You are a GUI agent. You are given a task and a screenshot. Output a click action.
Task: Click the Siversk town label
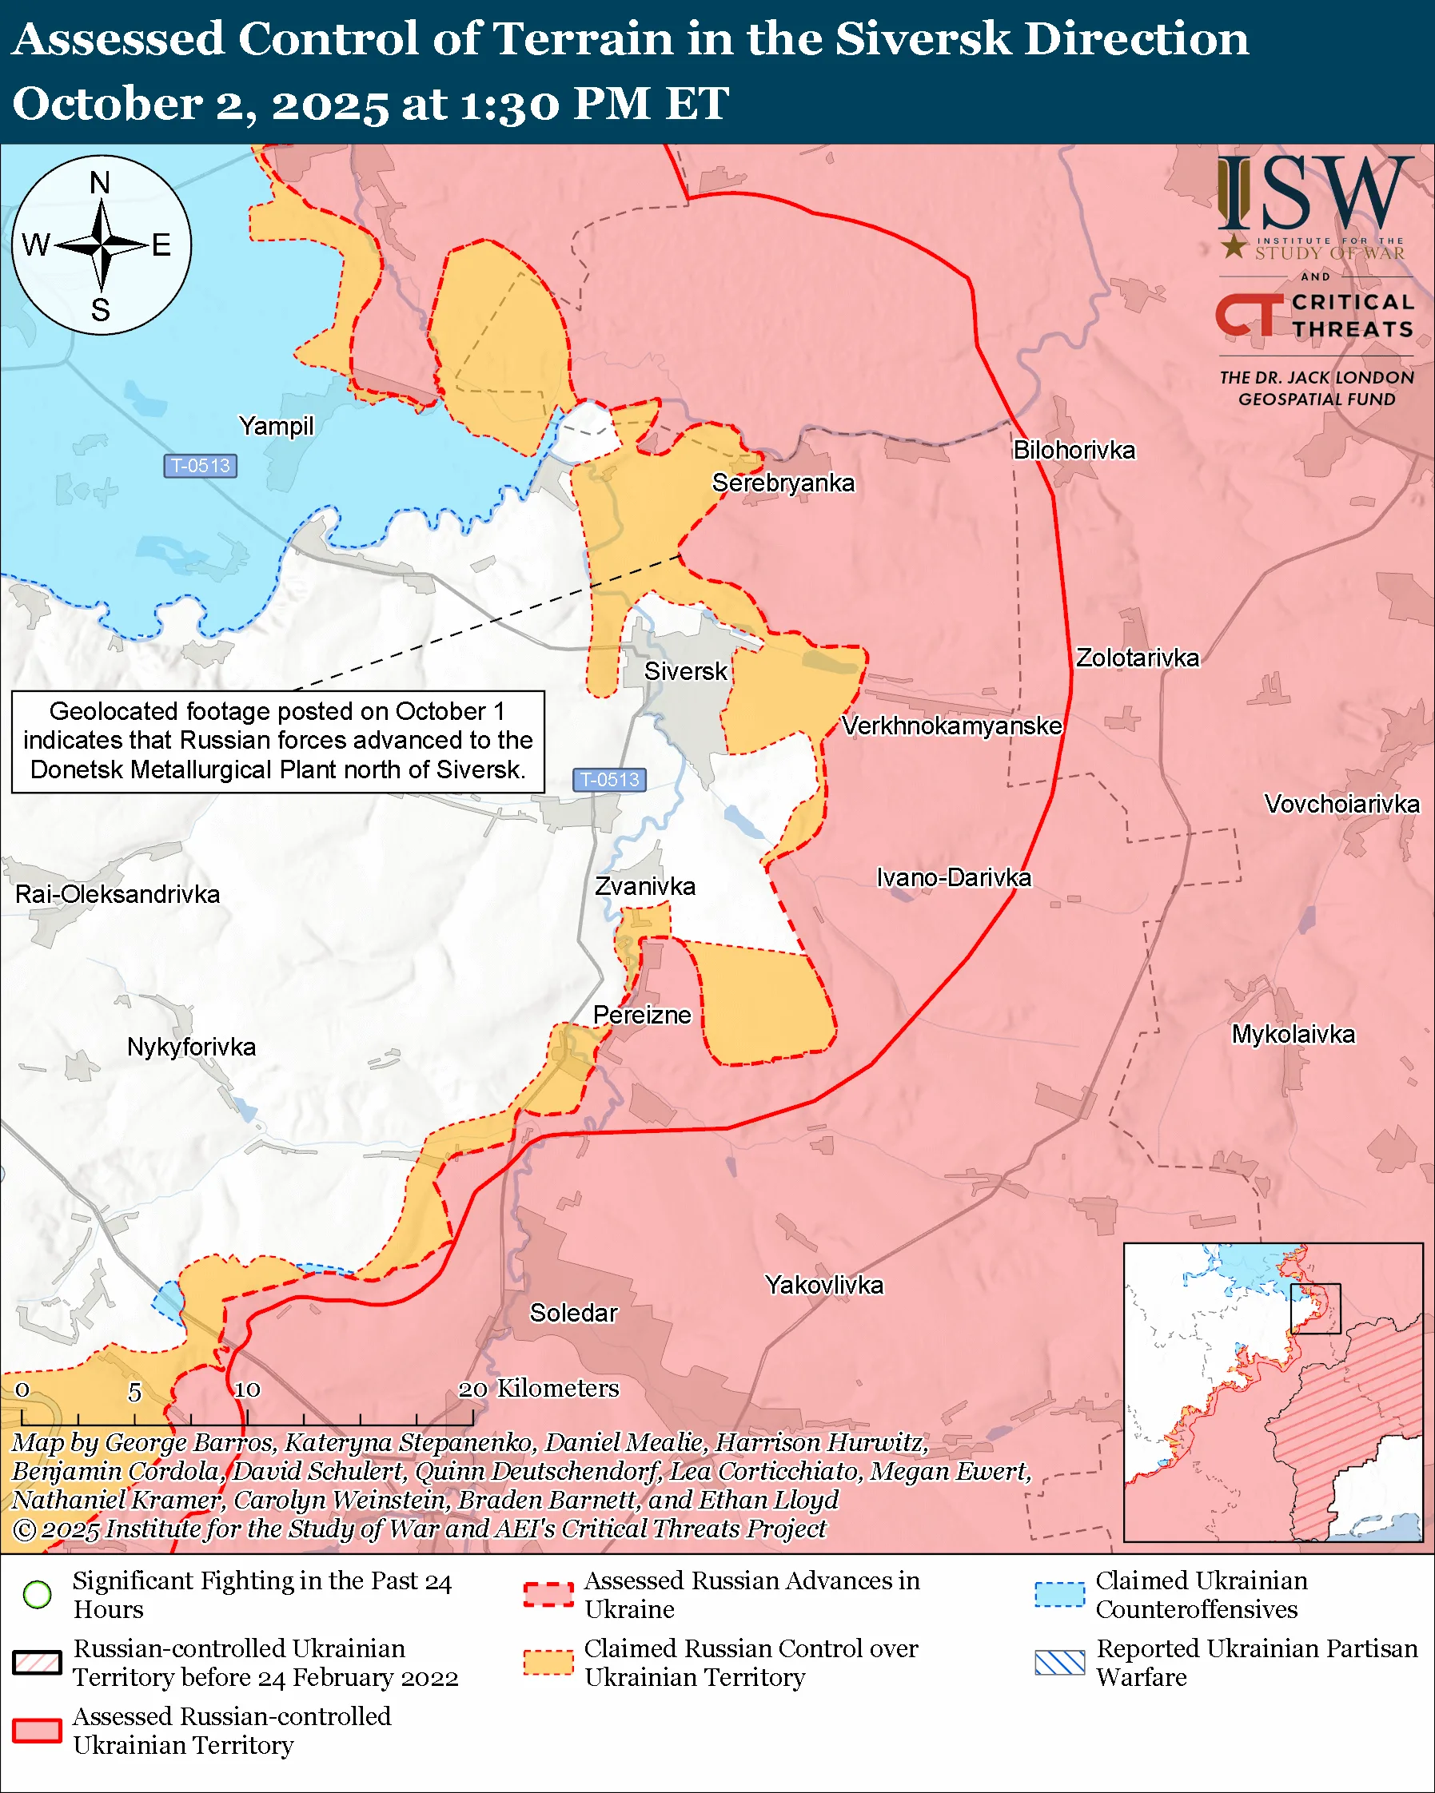point(685,671)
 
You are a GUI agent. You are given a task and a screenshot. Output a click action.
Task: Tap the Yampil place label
point(276,426)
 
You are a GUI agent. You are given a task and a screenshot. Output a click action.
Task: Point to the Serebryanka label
point(783,483)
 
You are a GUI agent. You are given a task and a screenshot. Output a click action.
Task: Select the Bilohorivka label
point(1073,450)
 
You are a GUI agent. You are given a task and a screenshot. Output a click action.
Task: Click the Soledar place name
point(573,1312)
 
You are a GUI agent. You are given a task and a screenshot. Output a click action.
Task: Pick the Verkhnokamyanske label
point(951,726)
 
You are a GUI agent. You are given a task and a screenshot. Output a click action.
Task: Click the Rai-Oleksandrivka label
point(118,894)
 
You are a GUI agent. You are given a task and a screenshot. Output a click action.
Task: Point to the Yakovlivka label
point(823,1285)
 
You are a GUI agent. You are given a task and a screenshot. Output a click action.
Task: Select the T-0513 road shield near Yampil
point(201,466)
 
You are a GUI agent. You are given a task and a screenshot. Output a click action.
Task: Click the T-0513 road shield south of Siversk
point(609,779)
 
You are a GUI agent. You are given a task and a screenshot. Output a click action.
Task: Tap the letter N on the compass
point(100,183)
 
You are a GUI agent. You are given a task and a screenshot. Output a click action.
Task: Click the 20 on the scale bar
point(472,1389)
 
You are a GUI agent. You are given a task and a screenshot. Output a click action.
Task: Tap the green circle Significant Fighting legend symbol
point(38,1594)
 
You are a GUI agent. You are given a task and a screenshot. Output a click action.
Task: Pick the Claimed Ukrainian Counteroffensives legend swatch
point(1059,1594)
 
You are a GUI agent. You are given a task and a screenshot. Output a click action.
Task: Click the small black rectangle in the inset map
point(1315,1308)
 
